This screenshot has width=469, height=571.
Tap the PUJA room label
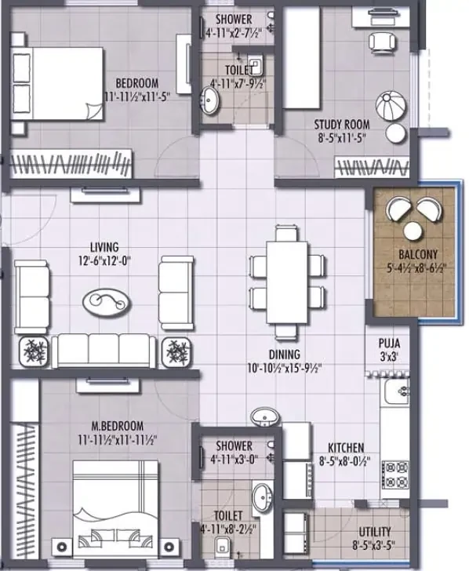(389, 343)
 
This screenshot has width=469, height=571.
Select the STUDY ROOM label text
(342, 125)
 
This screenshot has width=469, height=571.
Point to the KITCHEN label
(346, 448)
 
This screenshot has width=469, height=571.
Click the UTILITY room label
(375, 531)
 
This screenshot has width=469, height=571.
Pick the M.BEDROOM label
(117, 426)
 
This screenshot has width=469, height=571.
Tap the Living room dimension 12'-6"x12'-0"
(104, 261)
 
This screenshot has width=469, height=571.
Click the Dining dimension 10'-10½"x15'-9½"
(285, 368)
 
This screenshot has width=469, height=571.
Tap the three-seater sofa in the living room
(104, 351)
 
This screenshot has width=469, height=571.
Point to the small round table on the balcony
(413, 231)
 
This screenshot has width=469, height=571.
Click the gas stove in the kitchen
(395, 475)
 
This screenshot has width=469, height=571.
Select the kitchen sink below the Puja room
(395, 391)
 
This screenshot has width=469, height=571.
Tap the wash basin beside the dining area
(266, 417)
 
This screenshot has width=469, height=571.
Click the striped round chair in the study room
(391, 106)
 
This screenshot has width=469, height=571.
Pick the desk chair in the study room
(382, 42)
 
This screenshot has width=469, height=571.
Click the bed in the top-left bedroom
(57, 83)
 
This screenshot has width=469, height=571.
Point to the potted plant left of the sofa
(33, 351)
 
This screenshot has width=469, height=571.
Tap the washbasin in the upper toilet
(209, 100)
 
